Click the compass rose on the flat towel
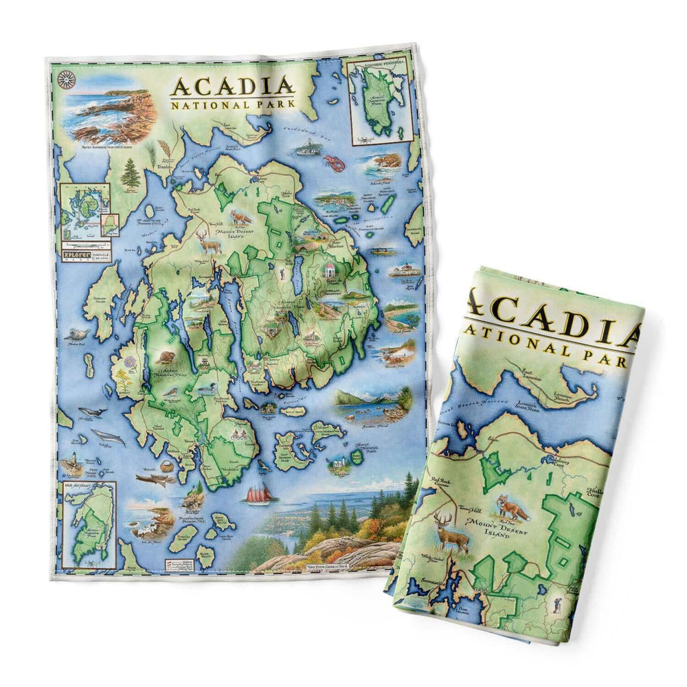(x=67, y=80)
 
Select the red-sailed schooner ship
(x=260, y=493)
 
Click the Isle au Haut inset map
(x=87, y=526)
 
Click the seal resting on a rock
(x=77, y=335)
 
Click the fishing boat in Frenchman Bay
(x=307, y=147)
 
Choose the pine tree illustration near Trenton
(x=130, y=173)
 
